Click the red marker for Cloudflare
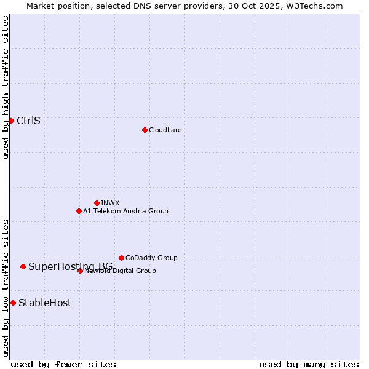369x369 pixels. pos(145,130)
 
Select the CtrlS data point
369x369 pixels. pos(11,121)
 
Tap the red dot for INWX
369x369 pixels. pos(97,203)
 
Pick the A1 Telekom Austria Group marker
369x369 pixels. pos(79,211)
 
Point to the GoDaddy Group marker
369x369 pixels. pos(121,258)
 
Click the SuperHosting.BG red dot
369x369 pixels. pos(23,266)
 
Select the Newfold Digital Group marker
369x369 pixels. pos(81,271)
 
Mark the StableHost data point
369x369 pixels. pos(13,303)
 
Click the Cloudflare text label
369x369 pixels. pos(165,130)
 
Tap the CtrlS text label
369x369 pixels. pos(28,121)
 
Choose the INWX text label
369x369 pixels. pos(110,203)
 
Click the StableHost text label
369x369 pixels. pos(45,303)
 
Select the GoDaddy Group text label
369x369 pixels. pos(151,258)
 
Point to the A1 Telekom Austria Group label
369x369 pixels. pos(125,211)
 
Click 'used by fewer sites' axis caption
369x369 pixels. pos(63,364)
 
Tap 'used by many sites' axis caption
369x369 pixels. pos(309,364)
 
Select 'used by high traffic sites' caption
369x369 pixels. pos(6,87)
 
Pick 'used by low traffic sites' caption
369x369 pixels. pos(6,288)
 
